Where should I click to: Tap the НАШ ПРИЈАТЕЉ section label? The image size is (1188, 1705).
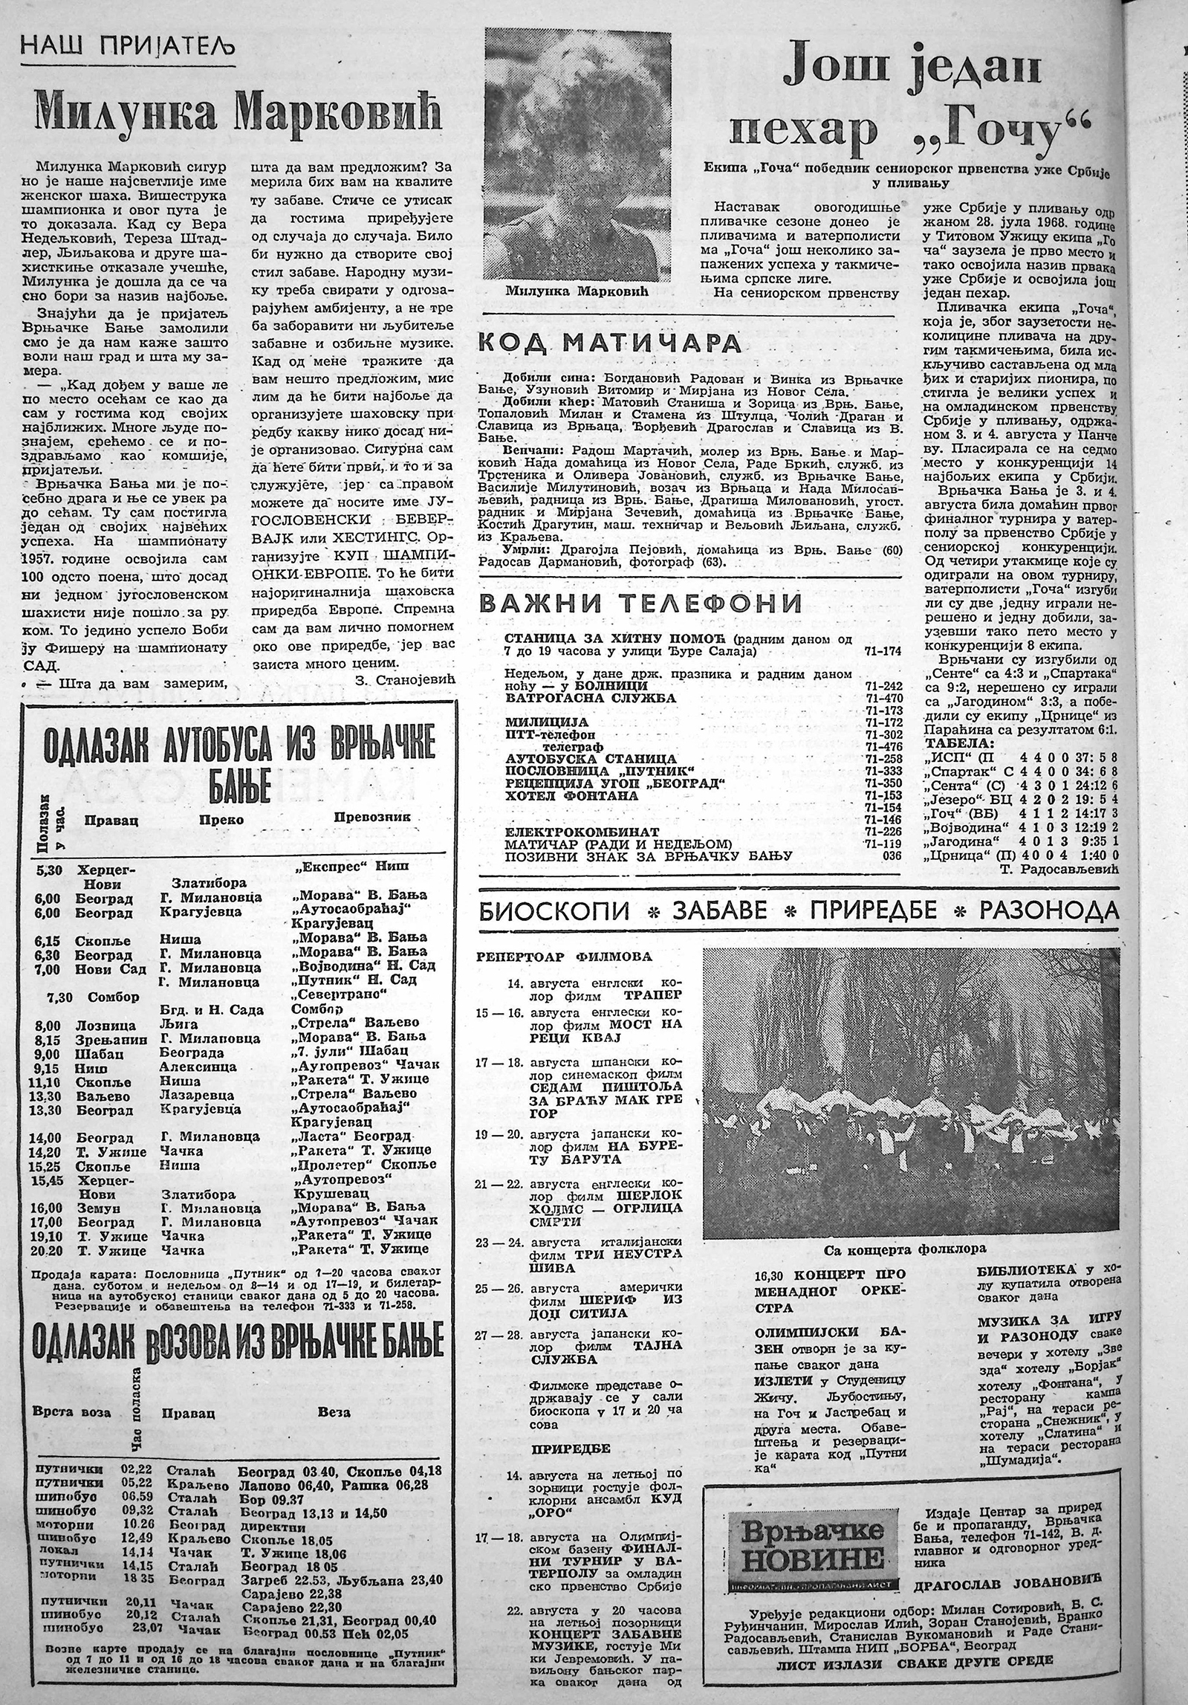point(127,50)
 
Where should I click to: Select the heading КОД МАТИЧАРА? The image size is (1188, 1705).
point(609,343)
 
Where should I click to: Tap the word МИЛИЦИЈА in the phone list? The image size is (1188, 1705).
point(546,722)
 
